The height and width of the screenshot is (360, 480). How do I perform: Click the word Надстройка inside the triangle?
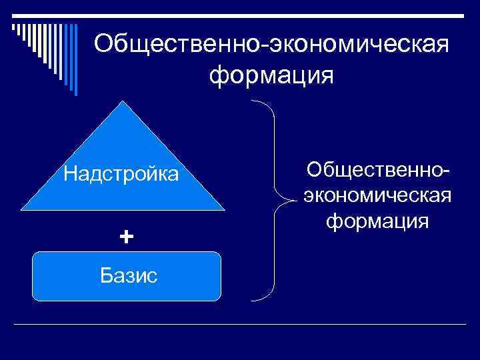(121, 175)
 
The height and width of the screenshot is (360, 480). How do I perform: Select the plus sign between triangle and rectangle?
(126, 236)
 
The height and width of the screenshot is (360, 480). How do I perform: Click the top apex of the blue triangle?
(121, 102)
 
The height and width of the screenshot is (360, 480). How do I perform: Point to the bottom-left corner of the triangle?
(23, 209)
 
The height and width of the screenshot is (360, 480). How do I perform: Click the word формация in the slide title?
(271, 75)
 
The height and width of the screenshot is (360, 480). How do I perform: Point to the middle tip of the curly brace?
(292, 199)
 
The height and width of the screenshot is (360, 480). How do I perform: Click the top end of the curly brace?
(253, 101)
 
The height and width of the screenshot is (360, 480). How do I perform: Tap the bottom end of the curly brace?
(253, 298)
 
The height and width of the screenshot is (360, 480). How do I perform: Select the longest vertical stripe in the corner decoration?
(75, 60)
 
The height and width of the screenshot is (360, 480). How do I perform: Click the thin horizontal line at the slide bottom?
(240, 325)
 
